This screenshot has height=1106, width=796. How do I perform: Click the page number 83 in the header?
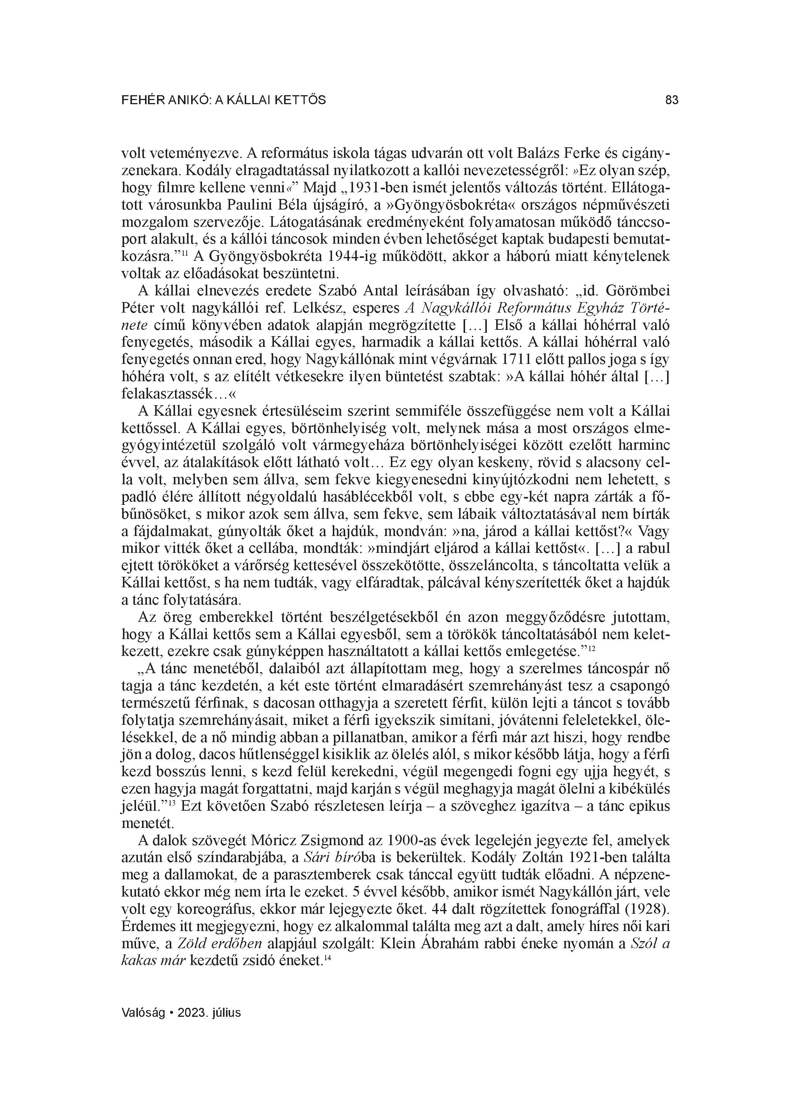tap(671, 100)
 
